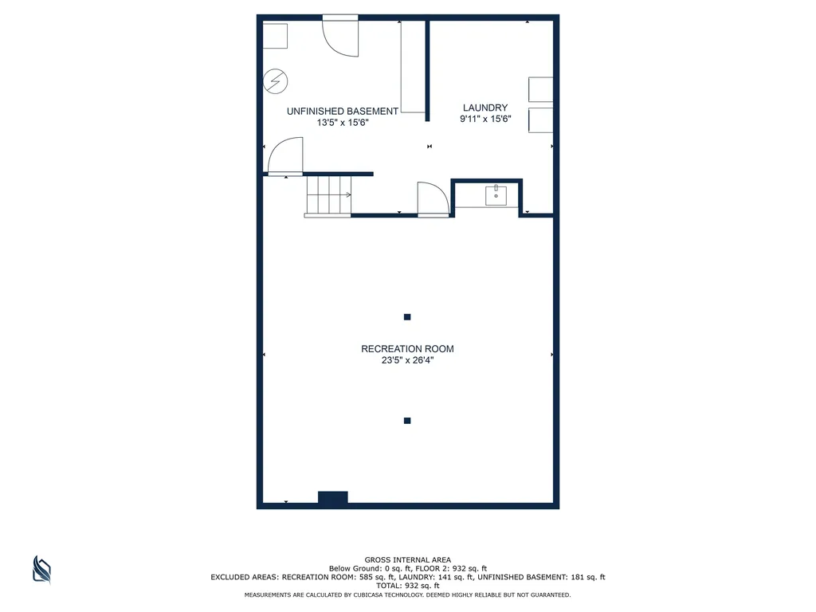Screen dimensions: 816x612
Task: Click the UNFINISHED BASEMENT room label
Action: pos(343,112)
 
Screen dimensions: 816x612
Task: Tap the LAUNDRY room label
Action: pos(485,108)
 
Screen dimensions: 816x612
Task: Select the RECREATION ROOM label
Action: pos(407,349)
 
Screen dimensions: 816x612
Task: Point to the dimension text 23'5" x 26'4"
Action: pos(407,360)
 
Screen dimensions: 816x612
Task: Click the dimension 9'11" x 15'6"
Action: pos(485,119)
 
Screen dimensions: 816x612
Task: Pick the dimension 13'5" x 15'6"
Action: pos(343,123)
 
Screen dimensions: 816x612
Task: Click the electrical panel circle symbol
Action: pos(275,81)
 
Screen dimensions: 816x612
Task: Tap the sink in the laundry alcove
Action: pos(496,196)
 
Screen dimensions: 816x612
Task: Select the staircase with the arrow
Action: pos(328,195)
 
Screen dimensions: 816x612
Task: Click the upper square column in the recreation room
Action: pos(407,317)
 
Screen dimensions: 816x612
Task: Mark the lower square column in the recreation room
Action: pos(407,421)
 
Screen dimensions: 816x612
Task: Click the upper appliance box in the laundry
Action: pos(541,89)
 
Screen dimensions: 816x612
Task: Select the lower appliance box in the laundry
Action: pos(541,120)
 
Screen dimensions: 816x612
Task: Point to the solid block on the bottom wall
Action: pos(333,497)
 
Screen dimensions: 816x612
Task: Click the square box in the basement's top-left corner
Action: pos(275,36)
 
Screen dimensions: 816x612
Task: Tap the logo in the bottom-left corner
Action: pos(41,570)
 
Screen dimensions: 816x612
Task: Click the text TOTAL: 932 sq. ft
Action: pos(407,586)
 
